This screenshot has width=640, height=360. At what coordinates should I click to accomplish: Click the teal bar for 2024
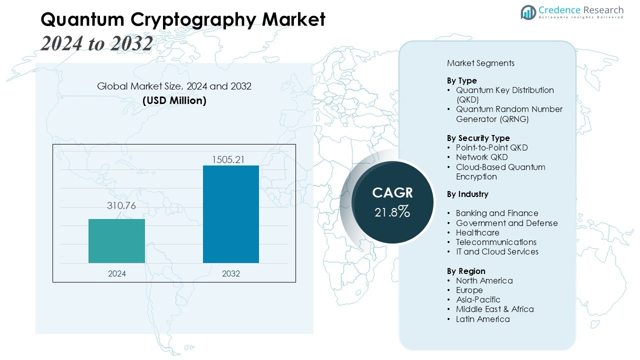116,240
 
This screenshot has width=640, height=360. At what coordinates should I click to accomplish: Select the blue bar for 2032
230,213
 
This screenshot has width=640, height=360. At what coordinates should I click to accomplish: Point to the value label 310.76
121,205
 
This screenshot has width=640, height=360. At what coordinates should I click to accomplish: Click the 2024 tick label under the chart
116,273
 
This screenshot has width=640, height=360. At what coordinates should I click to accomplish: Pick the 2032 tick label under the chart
231,273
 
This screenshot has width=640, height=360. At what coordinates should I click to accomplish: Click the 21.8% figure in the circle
392,212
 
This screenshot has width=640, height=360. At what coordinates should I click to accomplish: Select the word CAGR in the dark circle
392,193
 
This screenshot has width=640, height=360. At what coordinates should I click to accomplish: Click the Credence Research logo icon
528,12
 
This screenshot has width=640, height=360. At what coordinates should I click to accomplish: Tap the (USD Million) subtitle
174,100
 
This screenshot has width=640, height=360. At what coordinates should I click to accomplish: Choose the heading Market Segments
480,63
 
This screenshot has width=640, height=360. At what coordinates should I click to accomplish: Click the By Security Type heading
478,138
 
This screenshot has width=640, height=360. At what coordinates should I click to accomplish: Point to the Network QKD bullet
481,157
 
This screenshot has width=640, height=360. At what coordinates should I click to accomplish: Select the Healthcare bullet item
477,232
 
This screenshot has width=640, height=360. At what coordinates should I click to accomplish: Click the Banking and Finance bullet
497,213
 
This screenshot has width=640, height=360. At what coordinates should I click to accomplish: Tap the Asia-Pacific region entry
477,299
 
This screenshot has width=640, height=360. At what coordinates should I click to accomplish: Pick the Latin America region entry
482,319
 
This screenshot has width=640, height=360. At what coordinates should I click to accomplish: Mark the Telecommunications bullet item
496,242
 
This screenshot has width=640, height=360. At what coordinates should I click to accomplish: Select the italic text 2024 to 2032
96,43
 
